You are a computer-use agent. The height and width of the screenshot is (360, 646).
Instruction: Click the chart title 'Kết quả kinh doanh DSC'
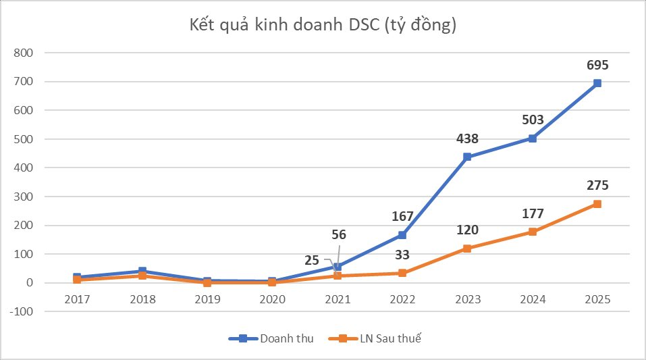(x=323, y=26)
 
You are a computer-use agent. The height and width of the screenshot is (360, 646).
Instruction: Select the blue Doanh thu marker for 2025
(x=597, y=83)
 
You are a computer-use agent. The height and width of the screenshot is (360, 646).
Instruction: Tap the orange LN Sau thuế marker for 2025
(x=597, y=204)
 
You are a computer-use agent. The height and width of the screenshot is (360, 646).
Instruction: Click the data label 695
(x=597, y=65)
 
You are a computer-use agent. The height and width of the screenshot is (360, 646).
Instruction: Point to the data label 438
(x=467, y=138)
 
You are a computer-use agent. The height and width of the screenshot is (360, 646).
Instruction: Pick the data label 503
(x=532, y=120)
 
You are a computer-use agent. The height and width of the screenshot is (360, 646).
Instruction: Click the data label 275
(x=597, y=185)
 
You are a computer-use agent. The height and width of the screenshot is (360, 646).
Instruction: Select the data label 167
(x=402, y=217)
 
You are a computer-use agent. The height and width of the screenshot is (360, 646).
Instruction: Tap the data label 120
(x=467, y=230)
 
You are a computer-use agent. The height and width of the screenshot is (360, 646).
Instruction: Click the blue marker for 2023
(x=467, y=157)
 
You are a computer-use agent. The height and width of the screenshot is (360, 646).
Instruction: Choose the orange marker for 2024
(x=532, y=232)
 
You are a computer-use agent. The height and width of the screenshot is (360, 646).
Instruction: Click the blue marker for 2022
(x=402, y=235)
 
